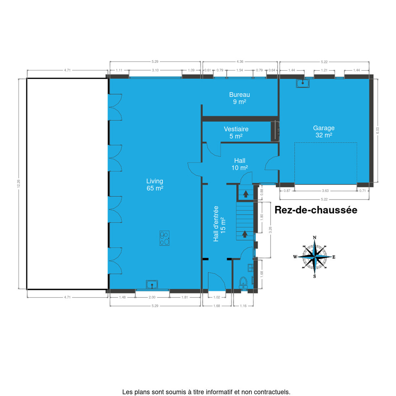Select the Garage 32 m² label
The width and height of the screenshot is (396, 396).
coord(324,132)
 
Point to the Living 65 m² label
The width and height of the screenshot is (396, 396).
coord(155,184)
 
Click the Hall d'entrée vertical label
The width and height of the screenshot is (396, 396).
coord(219,224)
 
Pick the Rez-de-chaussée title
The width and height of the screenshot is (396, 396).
coord(316,210)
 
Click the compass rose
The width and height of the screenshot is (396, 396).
coord(314,257)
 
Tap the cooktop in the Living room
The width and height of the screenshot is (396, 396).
coord(164,238)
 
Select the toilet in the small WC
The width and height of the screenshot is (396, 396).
coord(243,283)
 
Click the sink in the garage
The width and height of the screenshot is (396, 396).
coord(303,83)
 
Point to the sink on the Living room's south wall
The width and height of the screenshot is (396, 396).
coord(152,284)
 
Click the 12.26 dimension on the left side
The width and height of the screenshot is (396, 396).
coord(19,184)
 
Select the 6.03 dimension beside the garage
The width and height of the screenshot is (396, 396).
coord(378,130)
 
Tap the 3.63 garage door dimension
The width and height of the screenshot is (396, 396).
coord(325,191)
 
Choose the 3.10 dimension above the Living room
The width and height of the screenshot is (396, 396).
coord(155,70)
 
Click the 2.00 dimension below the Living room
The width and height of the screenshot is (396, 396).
coord(152,297)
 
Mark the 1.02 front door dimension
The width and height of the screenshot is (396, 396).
coord(217,297)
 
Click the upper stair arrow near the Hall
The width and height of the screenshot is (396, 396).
coord(246,194)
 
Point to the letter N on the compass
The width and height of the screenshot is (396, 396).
coord(314,238)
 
